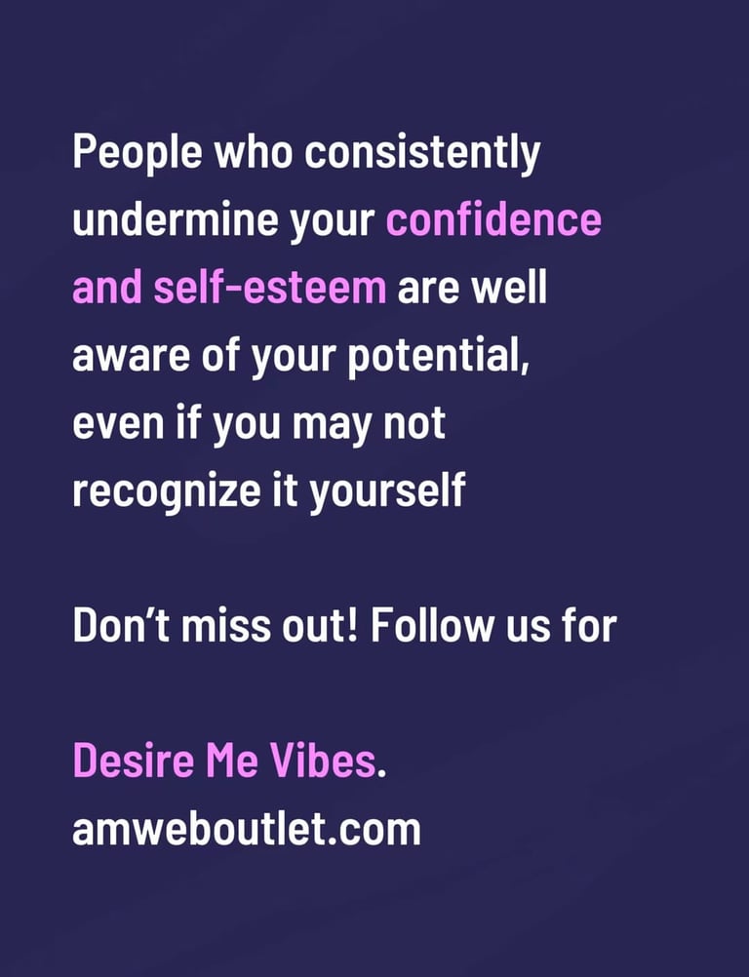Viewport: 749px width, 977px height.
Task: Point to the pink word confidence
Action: (x=493, y=220)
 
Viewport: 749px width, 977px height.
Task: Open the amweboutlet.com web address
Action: (x=246, y=830)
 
